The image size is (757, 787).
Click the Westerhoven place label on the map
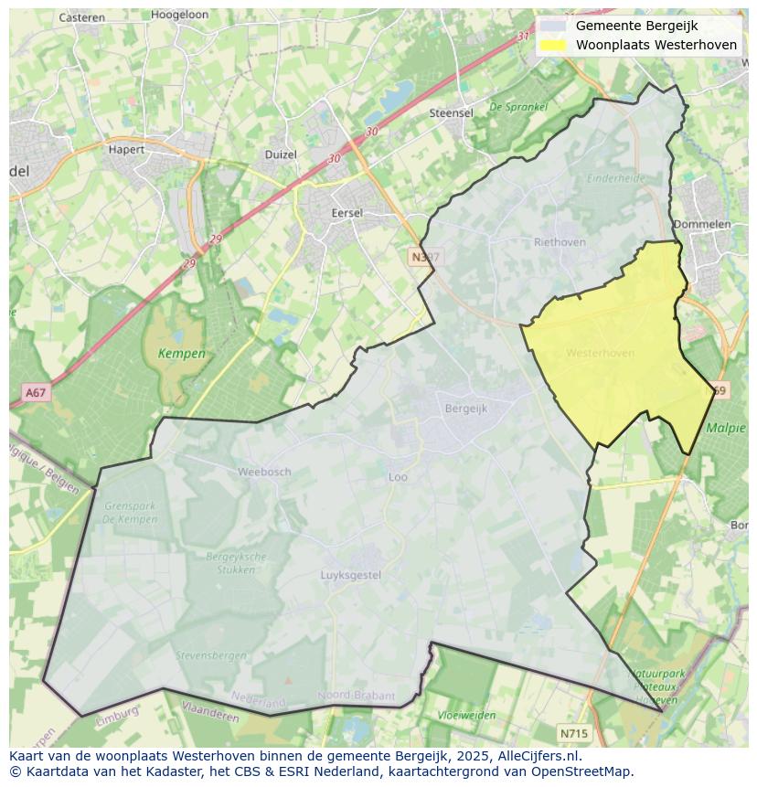[600, 353]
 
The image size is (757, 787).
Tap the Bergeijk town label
[466, 409]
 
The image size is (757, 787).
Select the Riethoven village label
[560, 242]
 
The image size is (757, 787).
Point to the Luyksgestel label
[351, 575]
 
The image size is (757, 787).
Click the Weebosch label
[264, 472]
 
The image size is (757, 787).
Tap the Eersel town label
[347, 213]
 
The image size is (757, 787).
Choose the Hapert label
[126, 149]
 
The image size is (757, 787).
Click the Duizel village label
[281, 154]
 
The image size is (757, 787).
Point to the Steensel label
[452, 113]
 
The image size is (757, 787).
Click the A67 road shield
[36, 393]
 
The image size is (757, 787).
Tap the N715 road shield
[573, 733]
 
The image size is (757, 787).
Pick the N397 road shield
[425, 258]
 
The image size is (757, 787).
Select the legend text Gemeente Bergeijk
[636, 26]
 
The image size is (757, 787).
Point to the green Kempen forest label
[181, 354]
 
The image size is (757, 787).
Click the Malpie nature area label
[727, 427]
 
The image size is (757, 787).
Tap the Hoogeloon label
[180, 16]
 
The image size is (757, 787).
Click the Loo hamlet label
[398, 476]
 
